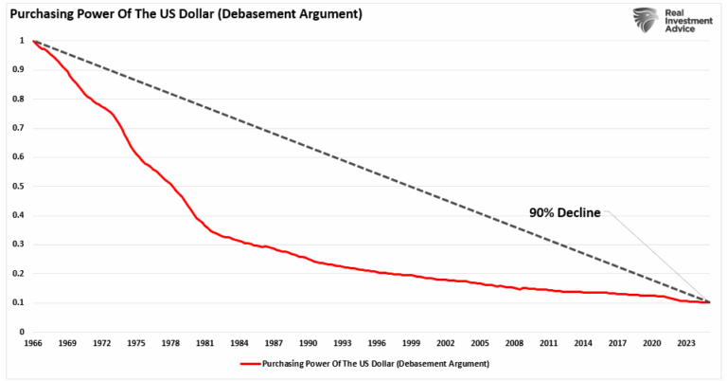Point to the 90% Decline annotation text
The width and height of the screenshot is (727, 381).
point(565,212)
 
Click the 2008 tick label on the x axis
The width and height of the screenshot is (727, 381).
point(513,343)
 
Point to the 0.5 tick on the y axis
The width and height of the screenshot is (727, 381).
point(19,187)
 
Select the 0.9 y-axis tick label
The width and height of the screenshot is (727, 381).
point(19,69)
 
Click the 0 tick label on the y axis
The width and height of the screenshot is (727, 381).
point(22,333)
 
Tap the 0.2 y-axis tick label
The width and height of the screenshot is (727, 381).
point(19,274)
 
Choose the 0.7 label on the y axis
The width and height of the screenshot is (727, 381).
point(19,128)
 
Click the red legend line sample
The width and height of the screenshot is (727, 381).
point(253,364)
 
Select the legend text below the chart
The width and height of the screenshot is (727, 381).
point(378,364)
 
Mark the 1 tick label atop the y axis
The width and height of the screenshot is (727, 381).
point(22,41)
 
